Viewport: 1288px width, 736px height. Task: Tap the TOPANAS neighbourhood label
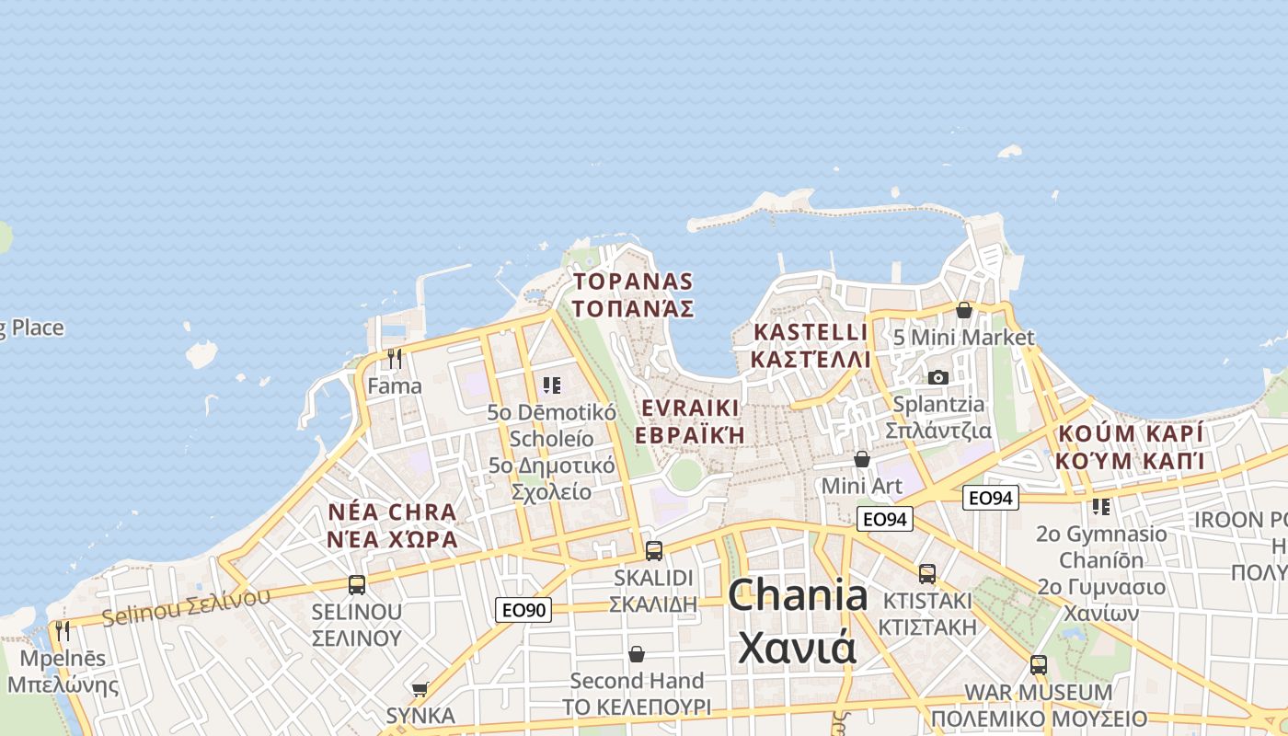click(x=633, y=294)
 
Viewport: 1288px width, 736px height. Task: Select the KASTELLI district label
click(x=810, y=345)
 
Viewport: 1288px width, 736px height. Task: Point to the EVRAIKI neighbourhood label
click(x=690, y=421)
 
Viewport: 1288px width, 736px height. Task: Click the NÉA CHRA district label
click(x=392, y=525)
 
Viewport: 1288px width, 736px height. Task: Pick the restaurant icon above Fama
click(x=395, y=358)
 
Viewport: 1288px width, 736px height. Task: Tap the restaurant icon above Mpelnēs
click(x=63, y=630)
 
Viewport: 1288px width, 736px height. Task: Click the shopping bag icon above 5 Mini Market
click(x=963, y=310)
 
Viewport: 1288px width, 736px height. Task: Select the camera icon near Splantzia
click(x=937, y=377)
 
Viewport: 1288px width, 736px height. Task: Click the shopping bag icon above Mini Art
click(x=862, y=458)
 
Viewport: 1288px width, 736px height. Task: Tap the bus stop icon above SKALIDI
click(x=654, y=551)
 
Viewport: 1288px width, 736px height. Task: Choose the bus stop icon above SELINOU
click(x=356, y=584)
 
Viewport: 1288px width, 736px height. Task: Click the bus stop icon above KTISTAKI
click(x=926, y=574)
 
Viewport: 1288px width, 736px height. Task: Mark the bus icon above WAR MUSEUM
click(x=1038, y=664)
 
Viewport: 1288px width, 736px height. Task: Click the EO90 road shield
click(x=523, y=609)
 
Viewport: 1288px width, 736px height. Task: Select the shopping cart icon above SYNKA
click(x=420, y=688)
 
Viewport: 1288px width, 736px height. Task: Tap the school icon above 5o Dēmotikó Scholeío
click(x=552, y=385)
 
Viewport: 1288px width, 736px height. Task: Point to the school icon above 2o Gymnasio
click(x=1100, y=506)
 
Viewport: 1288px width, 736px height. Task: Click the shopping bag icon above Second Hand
click(x=636, y=654)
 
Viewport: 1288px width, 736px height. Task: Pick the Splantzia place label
click(x=938, y=417)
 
